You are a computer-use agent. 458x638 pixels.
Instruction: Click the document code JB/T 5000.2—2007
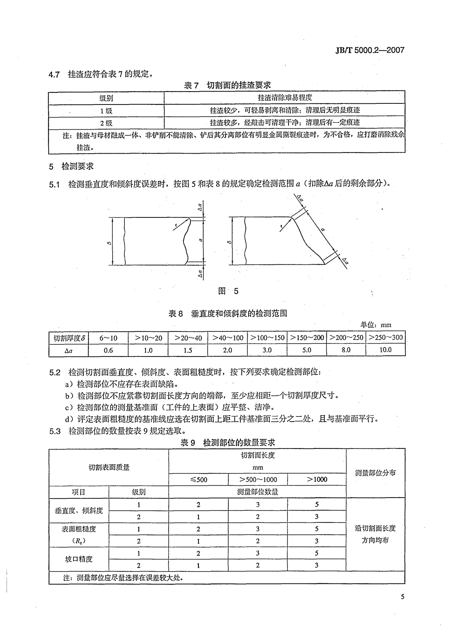[364, 50]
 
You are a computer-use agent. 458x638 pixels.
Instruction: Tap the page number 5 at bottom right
[402, 597]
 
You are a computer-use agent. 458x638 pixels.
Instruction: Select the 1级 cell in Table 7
[106, 111]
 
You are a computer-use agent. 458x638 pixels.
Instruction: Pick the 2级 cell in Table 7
[106, 123]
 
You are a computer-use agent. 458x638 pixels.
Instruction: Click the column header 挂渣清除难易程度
[285, 98]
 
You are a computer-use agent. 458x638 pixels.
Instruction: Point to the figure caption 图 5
[228, 291]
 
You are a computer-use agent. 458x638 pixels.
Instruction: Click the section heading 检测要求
[77, 166]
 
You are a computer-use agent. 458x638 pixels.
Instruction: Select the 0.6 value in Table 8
[108, 350]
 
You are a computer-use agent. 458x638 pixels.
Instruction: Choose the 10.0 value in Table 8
[385, 349]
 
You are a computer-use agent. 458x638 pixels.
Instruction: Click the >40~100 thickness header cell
[227, 337]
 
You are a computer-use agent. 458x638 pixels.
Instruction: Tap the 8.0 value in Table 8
[346, 349]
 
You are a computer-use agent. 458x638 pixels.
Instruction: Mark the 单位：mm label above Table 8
[376, 325]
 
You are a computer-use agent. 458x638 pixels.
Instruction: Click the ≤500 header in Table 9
[198, 479]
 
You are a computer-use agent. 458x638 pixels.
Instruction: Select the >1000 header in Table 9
[317, 479]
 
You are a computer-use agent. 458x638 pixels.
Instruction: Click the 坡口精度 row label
[79, 559]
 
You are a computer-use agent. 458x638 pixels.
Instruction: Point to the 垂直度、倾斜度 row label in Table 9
[79, 510]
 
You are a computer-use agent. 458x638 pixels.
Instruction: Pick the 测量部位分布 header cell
[375, 473]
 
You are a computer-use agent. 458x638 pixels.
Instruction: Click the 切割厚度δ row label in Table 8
[69, 338]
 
